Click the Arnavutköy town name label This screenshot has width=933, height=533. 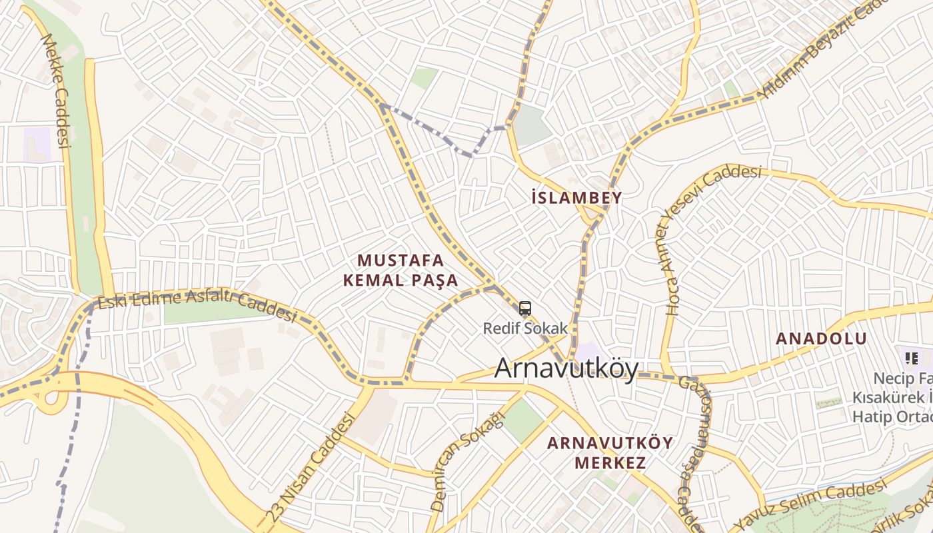tap(566, 368)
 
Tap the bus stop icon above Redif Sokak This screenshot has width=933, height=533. tap(525, 308)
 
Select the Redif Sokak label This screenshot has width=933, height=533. tap(525, 328)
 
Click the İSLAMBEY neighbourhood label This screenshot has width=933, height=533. tap(577, 197)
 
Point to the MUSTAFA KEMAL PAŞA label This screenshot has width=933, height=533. tap(401, 270)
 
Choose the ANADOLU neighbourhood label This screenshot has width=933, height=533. tap(821, 338)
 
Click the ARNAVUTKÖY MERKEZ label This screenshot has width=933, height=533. tap(610, 452)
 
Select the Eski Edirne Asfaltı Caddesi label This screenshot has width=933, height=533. tap(197, 306)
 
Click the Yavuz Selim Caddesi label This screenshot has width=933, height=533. tap(812, 504)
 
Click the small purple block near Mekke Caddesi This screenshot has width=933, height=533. tap(37, 143)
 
